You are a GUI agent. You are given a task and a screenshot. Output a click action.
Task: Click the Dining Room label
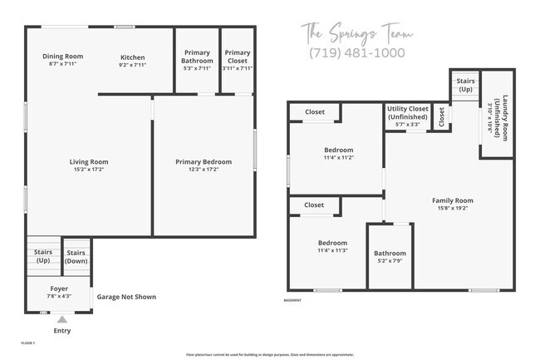coord(63,57)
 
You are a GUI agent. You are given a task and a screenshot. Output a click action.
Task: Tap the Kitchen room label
coord(133,57)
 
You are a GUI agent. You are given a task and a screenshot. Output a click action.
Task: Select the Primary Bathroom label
coord(197,57)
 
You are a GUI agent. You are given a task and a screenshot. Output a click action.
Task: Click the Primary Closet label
coord(237,57)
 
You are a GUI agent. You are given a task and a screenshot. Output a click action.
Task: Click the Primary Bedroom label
coord(204,162)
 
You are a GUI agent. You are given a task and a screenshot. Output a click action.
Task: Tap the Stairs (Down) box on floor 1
coord(76,257)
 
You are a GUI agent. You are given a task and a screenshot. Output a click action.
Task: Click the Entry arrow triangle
coord(61,318)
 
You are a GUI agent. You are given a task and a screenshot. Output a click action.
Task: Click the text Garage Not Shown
coord(126,297)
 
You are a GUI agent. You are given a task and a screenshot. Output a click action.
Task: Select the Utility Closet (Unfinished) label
coord(407,113)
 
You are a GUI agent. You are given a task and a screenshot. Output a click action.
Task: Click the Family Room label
coord(452,200)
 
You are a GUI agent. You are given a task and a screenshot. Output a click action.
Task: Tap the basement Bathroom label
coord(390,254)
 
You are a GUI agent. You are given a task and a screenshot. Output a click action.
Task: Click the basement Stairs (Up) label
coord(465,85)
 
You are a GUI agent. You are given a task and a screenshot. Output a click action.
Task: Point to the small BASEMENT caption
coord(292,300)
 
